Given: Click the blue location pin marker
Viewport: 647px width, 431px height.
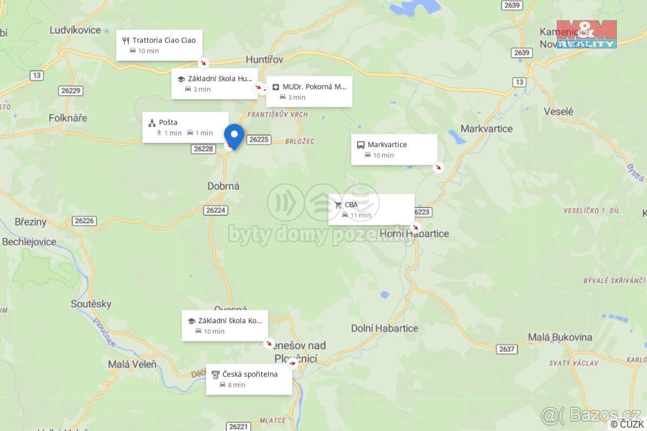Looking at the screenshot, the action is tap(234, 135).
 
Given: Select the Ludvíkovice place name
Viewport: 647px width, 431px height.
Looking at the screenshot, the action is tap(75, 30).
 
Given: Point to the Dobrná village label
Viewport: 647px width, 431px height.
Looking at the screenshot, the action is tap(223, 186).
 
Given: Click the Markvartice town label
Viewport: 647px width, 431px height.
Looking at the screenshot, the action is tap(486, 129).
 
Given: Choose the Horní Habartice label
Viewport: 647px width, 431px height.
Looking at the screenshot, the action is tap(414, 233).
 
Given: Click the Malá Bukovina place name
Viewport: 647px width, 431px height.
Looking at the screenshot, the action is tap(560, 337).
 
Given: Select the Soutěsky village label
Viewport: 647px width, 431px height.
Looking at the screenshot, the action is tap(91, 304).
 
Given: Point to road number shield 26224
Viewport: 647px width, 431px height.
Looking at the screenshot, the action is tap(216, 210).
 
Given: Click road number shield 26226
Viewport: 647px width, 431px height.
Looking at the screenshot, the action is tap(85, 221).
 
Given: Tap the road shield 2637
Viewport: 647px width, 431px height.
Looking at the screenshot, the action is tap(507, 349).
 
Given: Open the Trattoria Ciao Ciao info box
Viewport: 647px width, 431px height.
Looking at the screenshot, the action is tap(159, 45).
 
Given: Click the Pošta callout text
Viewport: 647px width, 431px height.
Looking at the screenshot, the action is tap(168, 122).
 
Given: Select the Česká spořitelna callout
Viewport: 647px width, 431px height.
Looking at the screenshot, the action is tap(249, 379).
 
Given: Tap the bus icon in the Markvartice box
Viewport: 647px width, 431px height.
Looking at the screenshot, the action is tap(361, 145).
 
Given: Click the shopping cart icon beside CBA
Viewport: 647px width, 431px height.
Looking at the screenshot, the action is tap(338, 205).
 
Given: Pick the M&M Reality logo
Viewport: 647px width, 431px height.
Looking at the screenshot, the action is tap(586, 34).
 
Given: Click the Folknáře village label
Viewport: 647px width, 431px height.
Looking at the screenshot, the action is tap(68, 117).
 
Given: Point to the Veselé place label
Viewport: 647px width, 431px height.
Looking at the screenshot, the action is tap(559, 112).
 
